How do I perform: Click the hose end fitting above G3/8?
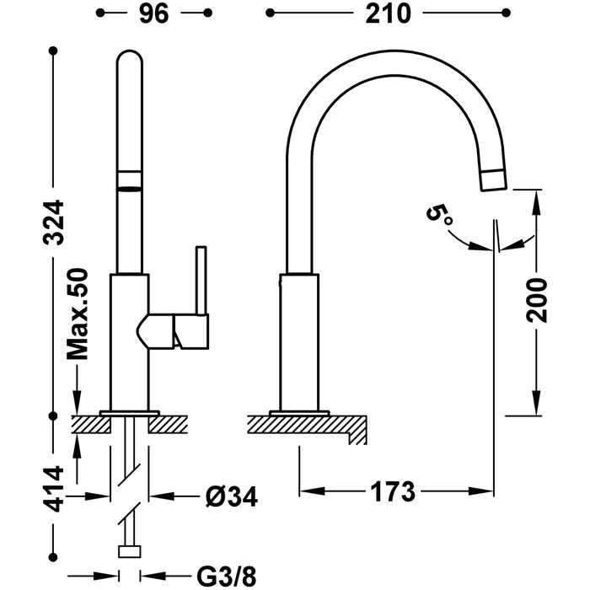(x=129, y=551)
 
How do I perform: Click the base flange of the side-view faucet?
(x=298, y=412)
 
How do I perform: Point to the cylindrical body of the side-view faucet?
(x=298, y=341)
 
